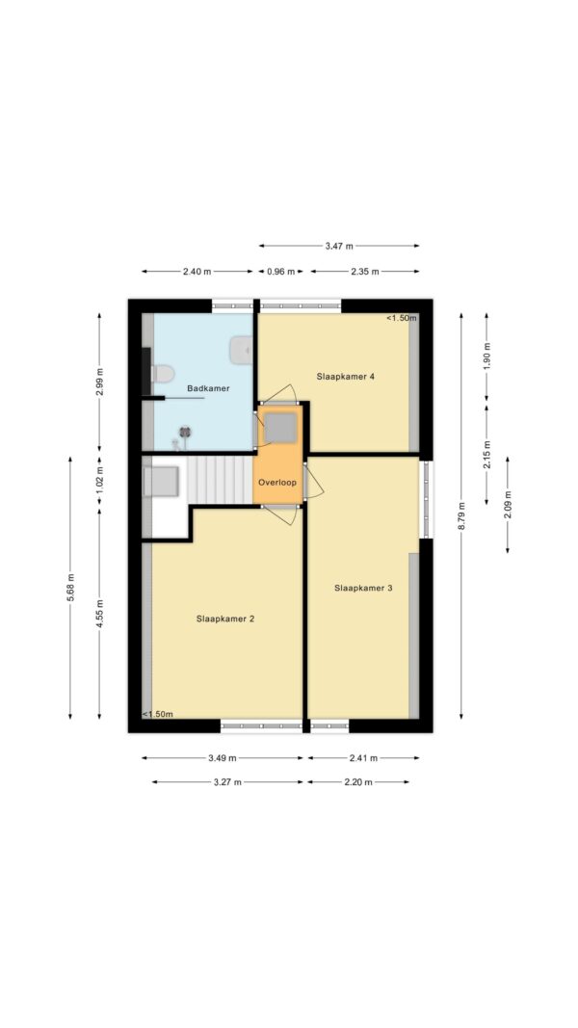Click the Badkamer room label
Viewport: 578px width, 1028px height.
208,388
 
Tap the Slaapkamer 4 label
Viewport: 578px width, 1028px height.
346,377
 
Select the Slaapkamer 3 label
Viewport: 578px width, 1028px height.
363,588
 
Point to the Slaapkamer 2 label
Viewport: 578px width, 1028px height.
225,619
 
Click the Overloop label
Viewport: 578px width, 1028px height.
277,483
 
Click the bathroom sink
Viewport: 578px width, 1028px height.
241,350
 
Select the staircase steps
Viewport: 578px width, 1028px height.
221,480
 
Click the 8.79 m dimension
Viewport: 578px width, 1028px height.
461,516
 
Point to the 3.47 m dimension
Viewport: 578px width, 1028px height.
339,246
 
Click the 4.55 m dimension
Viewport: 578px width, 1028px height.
99,614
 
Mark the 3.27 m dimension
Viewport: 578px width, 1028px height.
227,782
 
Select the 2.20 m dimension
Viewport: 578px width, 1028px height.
358,782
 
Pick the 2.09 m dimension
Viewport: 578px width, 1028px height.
508,505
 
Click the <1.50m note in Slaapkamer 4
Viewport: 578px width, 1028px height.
401,318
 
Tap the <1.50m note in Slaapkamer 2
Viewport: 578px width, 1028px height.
158,714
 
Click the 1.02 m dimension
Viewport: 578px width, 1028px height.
99,479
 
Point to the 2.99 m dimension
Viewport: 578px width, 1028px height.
99,382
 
